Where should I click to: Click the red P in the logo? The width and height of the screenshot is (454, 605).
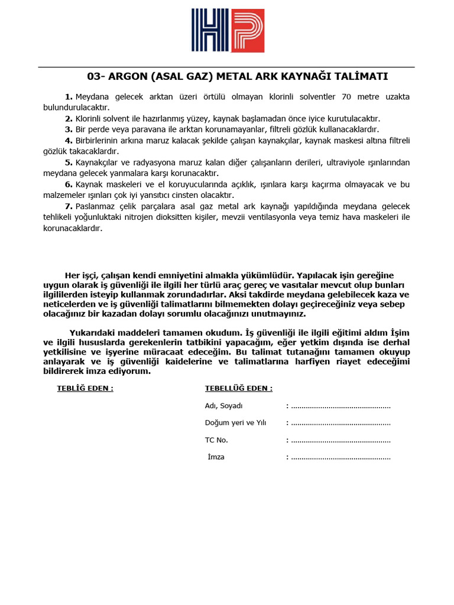click(247, 31)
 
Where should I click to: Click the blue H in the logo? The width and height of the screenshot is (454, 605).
click(210, 31)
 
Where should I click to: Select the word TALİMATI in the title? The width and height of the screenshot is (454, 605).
click(363, 77)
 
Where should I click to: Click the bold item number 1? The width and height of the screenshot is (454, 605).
click(69, 96)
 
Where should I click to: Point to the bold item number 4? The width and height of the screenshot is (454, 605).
click(69, 140)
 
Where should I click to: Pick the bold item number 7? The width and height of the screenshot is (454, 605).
click(69, 206)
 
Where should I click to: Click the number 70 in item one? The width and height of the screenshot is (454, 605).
click(346, 96)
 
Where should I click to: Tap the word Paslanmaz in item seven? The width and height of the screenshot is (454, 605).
click(94, 206)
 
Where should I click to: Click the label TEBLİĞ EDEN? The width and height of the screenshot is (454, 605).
click(85, 388)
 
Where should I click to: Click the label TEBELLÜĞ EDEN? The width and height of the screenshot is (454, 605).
click(238, 388)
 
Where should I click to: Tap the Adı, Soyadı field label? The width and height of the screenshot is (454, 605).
click(223, 406)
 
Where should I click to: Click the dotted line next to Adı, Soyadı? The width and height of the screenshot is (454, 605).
click(341, 406)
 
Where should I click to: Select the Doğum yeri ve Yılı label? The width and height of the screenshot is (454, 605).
click(236, 423)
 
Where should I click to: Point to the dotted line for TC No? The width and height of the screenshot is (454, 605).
click(341, 440)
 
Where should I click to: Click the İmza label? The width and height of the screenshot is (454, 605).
click(216, 457)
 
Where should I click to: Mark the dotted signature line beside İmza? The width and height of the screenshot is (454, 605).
click(341, 457)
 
